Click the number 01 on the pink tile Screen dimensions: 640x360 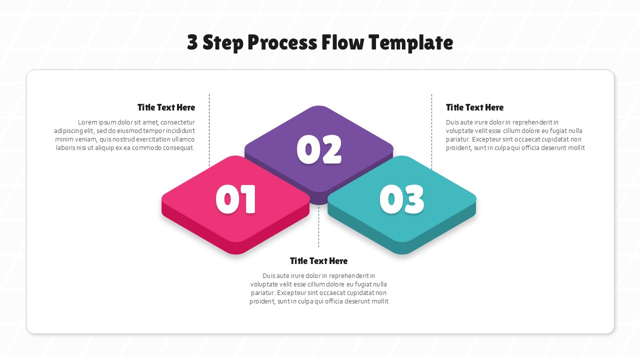coord(235,199)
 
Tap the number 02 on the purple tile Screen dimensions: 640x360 coord(319,149)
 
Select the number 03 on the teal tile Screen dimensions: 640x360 coord(401,199)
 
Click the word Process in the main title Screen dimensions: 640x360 coord(282,42)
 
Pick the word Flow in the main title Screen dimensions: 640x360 coord(342,42)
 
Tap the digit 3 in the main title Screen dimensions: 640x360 coord(192,42)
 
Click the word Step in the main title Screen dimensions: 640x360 coord(223,42)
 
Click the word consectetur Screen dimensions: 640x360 coord(177,122)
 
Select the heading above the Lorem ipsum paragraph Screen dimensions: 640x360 coord(166,107)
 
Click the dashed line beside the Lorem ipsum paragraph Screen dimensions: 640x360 coord(209,130)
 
